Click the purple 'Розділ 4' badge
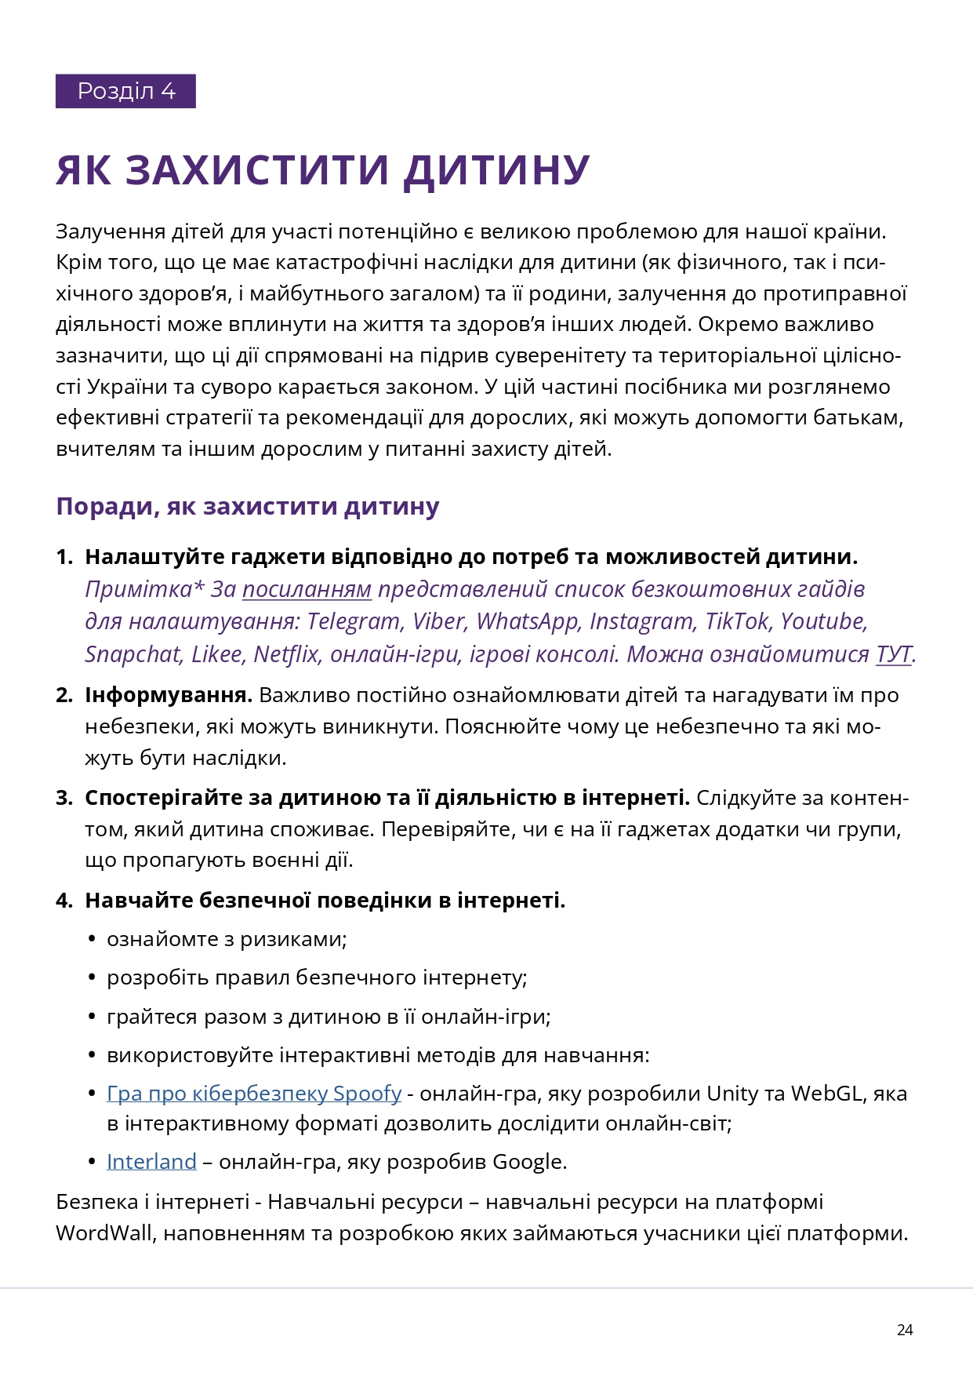(125, 91)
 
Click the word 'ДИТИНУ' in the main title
(496, 169)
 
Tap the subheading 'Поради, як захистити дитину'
(247, 507)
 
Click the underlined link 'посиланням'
(307, 589)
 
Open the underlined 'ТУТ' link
(894, 654)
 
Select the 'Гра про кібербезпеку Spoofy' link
(254, 1094)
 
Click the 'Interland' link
(151, 1162)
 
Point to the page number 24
(905, 1330)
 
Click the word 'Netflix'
(287, 654)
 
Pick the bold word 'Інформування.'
(169, 696)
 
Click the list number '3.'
(64, 799)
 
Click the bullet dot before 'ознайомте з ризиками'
(93, 940)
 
